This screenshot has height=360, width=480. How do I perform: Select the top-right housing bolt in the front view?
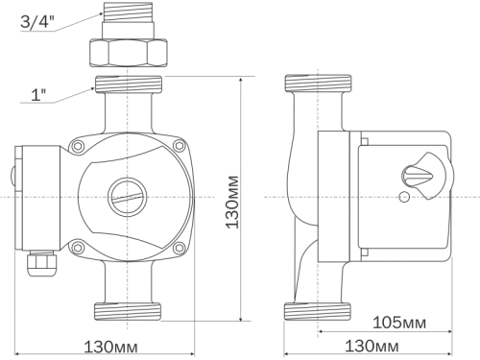pos(179,146)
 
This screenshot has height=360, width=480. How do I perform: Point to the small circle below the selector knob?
pos(404,199)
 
